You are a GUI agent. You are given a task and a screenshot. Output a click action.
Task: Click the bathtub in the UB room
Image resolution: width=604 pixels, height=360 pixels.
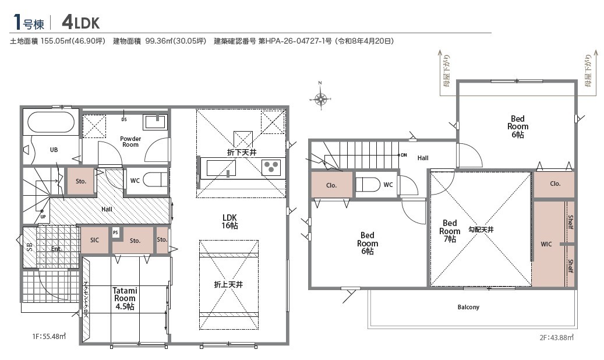pyautogui.click(x=51, y=122)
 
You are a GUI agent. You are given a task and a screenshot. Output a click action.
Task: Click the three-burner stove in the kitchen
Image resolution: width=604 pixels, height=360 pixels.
pyautogui.click(x=271, y=167)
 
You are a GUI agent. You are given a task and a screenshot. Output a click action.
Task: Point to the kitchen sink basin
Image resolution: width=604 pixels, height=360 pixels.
pyautogui.click(x=221, y=168)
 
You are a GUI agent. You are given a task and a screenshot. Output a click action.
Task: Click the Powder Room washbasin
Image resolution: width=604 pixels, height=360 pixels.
pyautogui.click(x=155, y=122)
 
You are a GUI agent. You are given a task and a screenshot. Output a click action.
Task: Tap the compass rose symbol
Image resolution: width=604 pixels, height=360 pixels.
pyautogui.click(x=320, y=99)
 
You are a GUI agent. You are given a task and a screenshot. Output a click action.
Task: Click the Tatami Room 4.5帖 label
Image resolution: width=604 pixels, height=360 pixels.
pyautogui.click(x=125, y=298)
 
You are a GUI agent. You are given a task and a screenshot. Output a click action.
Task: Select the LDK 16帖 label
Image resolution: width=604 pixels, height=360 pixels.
pyautogui.click(x=229, y=221)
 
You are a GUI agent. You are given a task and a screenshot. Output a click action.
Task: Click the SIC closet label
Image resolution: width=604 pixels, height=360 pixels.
pyautogui.click(x=94, y=240)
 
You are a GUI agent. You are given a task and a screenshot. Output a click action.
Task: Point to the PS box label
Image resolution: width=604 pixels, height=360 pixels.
pyautogui.click(x=115, y=233)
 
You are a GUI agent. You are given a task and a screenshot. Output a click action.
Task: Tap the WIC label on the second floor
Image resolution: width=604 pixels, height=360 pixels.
pyautogui.click(x=546, y=244)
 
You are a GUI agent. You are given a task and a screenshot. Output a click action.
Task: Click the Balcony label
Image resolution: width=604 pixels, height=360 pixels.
pyautogui.click(x=468, y=307)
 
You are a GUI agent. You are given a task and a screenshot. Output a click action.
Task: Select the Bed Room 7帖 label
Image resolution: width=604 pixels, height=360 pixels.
pyautogui.click(x=450, y=231)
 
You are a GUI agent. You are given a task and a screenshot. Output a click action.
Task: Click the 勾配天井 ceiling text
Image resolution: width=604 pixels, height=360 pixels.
pyautogui.click(x=481, y=230)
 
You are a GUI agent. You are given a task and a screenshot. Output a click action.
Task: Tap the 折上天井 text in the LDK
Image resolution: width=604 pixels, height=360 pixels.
pyautogui.click(x=228, y=284)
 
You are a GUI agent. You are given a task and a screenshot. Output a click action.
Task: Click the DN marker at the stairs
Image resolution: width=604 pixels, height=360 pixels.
pyautogui.click(x=404, y=155)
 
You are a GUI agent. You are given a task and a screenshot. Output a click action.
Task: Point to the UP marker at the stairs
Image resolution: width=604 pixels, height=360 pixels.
pyautogui.click(x=43, y=217)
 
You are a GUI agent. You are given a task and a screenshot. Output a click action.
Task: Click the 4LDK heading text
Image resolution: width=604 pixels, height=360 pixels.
pyautogui.click(x=80, y=22)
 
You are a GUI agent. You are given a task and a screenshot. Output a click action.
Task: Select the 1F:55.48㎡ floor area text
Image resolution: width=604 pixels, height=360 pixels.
pyautogui.click(x=49, y=337)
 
